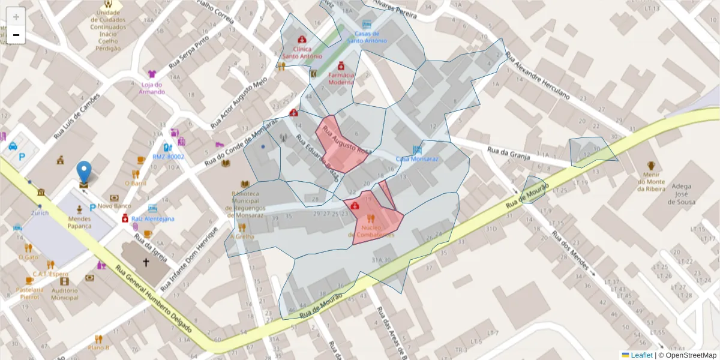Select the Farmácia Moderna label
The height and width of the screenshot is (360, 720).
[341, 79]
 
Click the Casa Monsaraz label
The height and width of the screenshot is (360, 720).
[417, 159]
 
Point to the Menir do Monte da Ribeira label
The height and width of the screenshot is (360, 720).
[651, 181]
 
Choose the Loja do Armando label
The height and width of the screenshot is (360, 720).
[152, 88]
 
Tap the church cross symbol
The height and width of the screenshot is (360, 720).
[146, 262]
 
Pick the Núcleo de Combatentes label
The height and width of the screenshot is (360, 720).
[371, 231]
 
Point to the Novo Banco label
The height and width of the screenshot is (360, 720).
[114, 206]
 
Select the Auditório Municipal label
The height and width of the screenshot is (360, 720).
[64, 293]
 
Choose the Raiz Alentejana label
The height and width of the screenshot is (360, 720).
[152, 219]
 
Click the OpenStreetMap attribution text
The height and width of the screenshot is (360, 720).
[690, 355]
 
